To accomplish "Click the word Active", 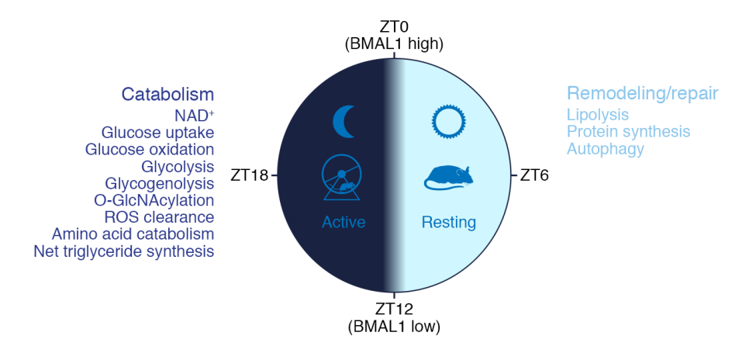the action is pos(343,222).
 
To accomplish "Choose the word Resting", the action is pos(449,222).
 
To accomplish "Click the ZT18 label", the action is pos(250,175).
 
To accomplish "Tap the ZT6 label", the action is pos(534,175).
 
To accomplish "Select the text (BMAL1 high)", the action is pos(394,44).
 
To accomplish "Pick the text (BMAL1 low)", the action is pos(394,327).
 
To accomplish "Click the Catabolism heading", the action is pos(168,94).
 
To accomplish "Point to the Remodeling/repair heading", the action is pos(643,94).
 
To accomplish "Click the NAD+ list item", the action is pos(194,116).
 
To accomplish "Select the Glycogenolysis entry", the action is pos(160,183).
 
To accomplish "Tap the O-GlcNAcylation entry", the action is pos(154,200).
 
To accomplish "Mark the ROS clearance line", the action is pos(159,217).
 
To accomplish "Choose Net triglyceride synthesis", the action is pos(124,251).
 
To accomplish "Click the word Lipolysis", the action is pos(598,115).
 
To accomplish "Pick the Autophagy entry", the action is pos(606,149).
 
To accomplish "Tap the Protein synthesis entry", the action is pos(629,132).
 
